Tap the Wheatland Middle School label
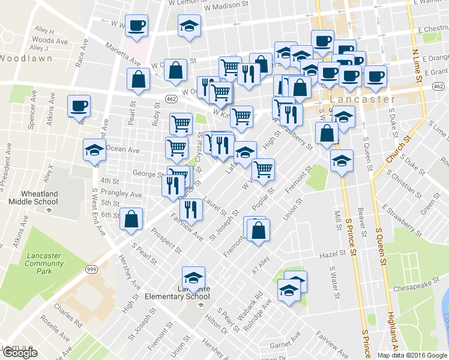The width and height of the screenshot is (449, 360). click(29, 197)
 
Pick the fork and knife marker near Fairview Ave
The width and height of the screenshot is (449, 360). click(191, 209)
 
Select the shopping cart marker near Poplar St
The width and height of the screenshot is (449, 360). click(263, 170)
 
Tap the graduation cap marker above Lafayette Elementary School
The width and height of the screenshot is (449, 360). click(193, 277)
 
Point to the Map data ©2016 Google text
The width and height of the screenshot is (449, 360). click(412, 355)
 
